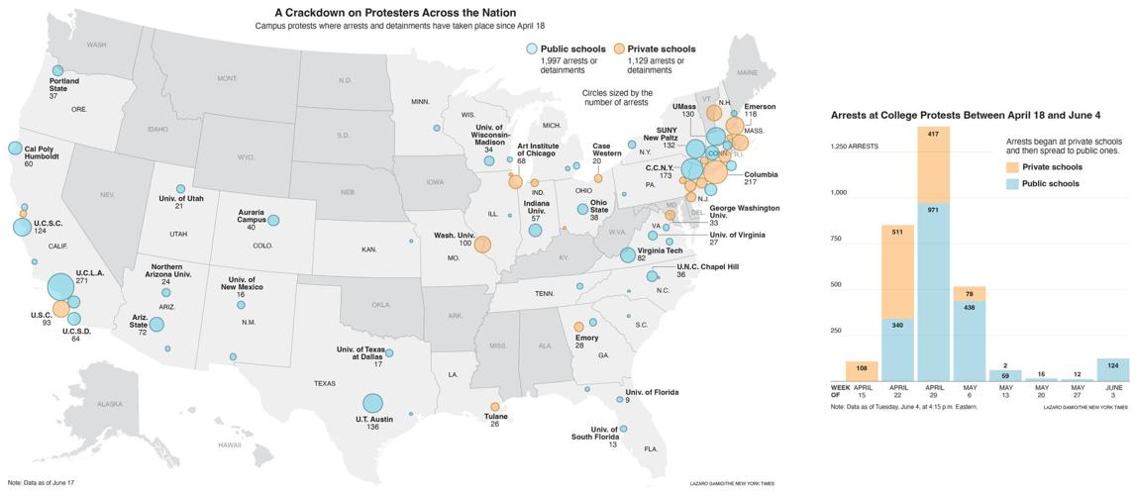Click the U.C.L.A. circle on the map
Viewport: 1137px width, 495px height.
pyautogui.click(x=61, y=286)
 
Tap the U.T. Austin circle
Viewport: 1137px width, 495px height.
pyautogui.click(x=372, y=403)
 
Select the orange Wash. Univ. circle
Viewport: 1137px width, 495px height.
pyautogui.click(x=482, y=245)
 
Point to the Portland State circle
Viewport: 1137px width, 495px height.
pyautogui.click(x=57, y=70)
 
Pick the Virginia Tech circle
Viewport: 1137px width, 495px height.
pyautogui.click(x=627, y=254)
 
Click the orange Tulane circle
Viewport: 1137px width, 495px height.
pyautogui.click(x=495, y=407)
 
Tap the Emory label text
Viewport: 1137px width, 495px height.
pyautogui.click(x=587, y=338)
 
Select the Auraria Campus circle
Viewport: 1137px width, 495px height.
pyautogui.click(x=273, y=221)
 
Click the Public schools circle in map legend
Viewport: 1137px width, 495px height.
pyautogui.click(x=532, y=49)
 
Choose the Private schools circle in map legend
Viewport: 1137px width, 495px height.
pyautogui.click(x=618, y=49)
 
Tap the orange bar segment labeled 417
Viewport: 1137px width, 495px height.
pyautogui.click(x=934, y=164)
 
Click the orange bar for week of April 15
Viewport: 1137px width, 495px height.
pyautogui.click(x=861, y=371)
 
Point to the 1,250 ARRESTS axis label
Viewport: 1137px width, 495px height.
pyautogui.click(x=855, y=147)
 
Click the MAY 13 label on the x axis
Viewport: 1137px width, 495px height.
pyautogui.click(x=1004, y=391)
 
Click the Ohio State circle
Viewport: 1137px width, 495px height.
pyautogui.click(x=582, y=209)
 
